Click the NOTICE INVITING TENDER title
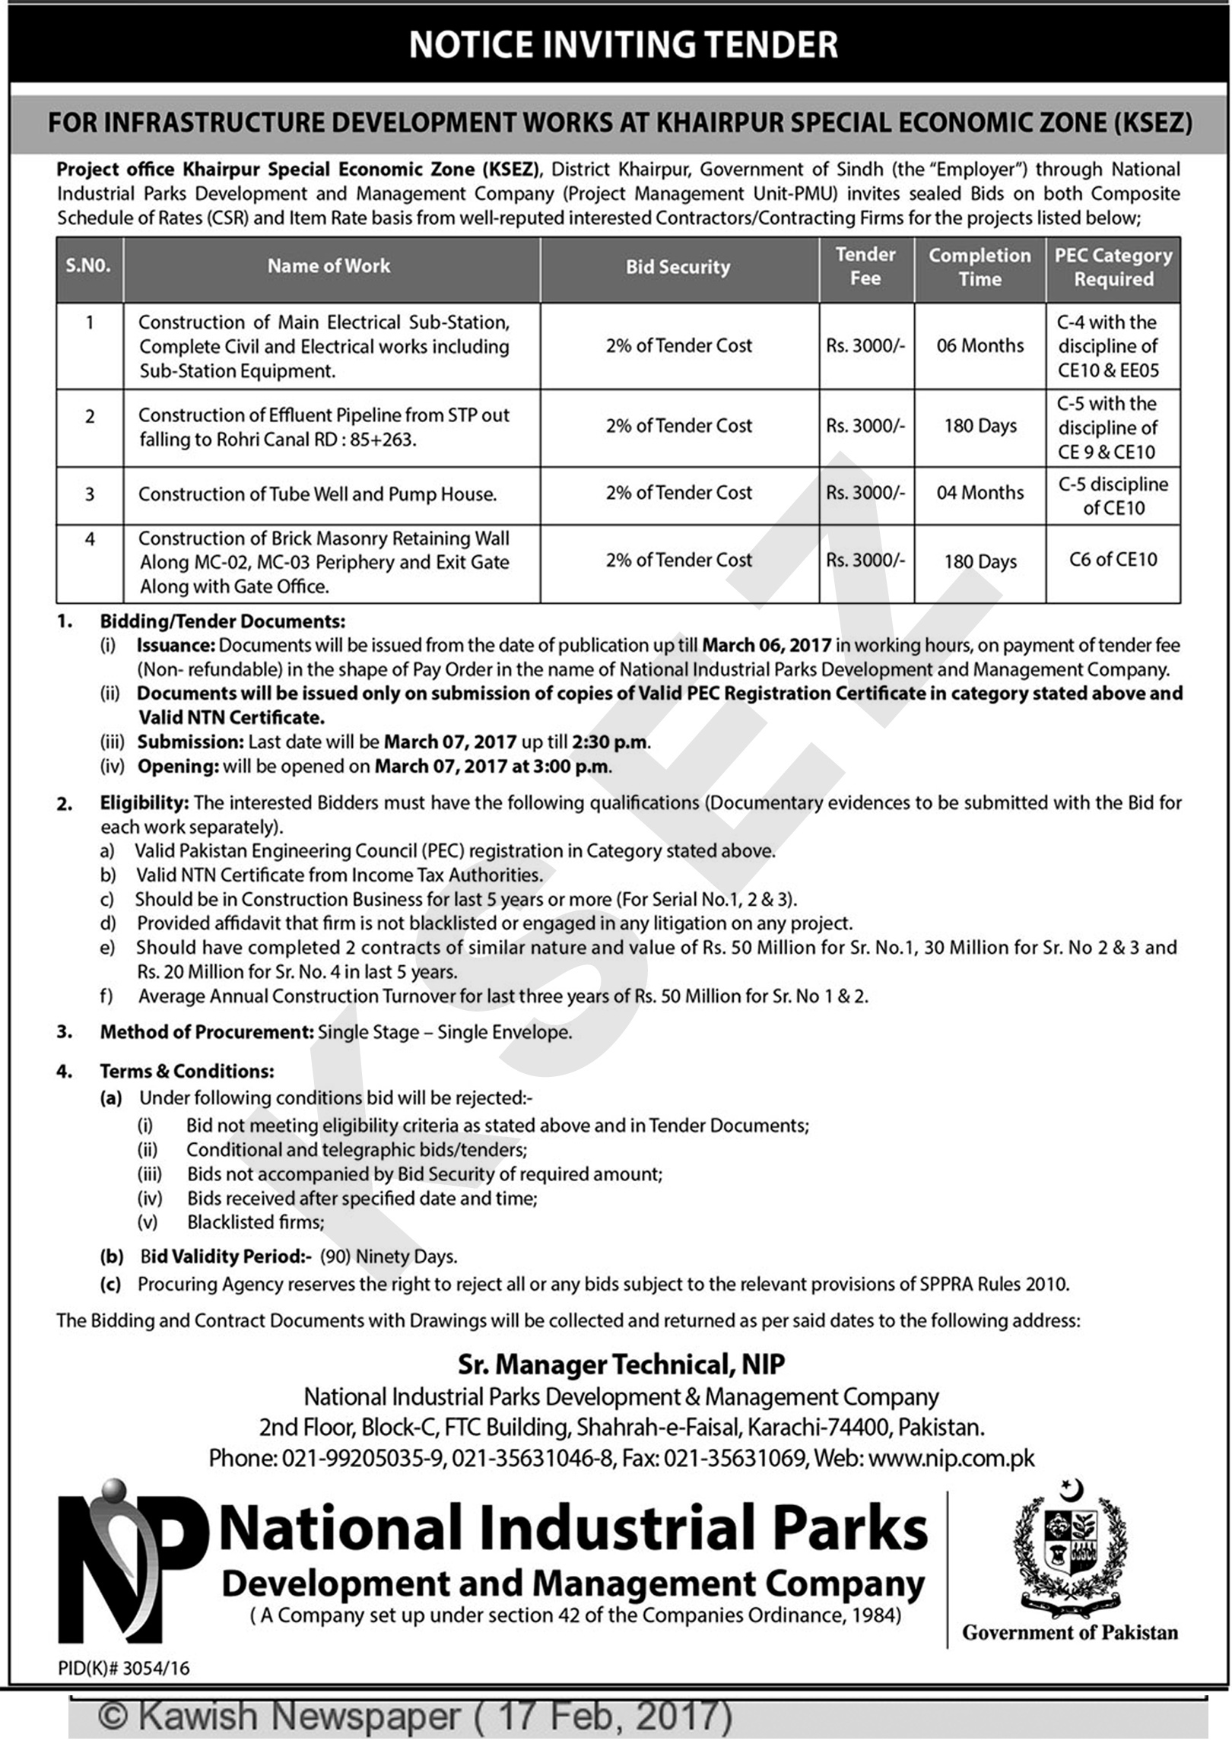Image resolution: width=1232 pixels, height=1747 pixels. point(623,45)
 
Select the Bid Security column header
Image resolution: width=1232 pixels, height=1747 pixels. point(678,267)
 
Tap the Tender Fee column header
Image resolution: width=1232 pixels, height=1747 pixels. point(865,266)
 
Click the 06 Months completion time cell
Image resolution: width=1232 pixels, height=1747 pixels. point(980,346)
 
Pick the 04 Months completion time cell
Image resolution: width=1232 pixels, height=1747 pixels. point(980,493)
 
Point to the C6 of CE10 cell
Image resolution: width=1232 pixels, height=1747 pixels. point(1113,560)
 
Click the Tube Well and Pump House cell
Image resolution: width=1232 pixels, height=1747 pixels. point(317,494)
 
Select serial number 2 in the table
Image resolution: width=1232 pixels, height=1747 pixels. point(90,417)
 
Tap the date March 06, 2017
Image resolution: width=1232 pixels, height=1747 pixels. point(767,645)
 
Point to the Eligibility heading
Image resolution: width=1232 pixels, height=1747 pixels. point(144,802)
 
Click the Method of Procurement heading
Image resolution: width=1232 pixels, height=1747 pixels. point(206,1033)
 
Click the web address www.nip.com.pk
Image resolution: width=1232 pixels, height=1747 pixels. point(951,1458)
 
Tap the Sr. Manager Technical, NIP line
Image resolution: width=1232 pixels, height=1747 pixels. point(621,1364)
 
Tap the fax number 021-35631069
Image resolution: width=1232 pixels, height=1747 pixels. point(735,1458)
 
